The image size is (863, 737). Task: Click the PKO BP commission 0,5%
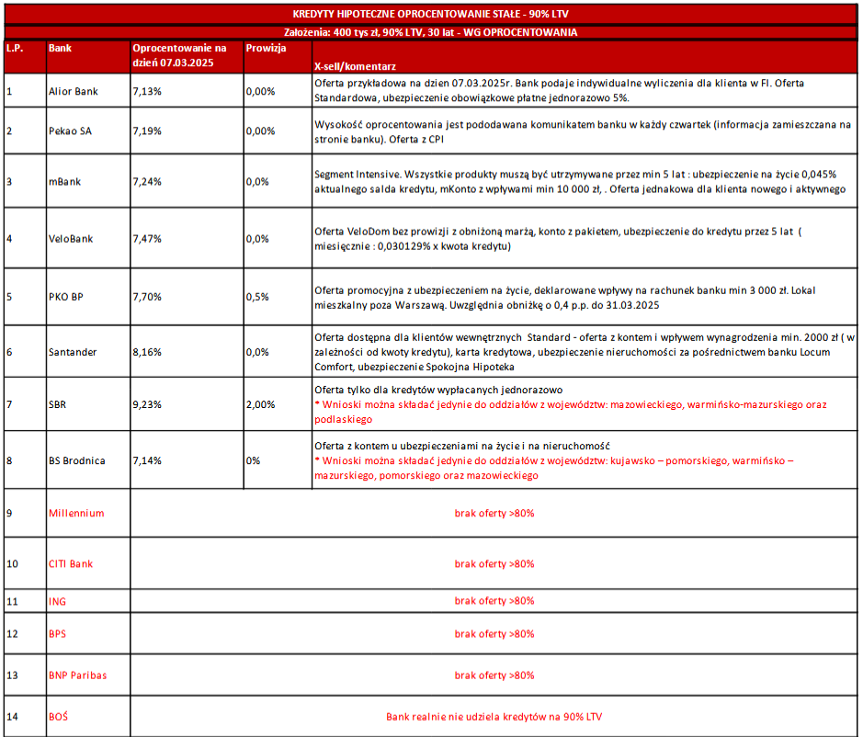click(x=257, y=296)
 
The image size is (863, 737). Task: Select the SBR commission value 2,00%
click(x=261, y=403)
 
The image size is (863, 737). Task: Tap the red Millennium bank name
click(x=76, y=513)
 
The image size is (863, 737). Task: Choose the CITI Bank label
click(x=71, y=563)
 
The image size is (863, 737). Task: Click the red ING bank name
click(x=57, y=601)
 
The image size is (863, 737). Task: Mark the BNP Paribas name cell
click(x=77, y=675)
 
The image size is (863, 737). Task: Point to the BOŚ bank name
click(x=59, y=716)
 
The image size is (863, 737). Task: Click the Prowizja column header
click(x=267, y=48)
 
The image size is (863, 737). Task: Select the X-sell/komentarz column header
click(x=355, y=67)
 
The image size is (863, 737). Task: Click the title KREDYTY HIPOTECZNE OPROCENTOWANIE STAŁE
click(x=431, y=15)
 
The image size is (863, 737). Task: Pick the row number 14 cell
click(x=12, y=716)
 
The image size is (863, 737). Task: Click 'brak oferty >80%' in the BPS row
click(x=494, y=634)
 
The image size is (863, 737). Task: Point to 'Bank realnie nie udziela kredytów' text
click(x=494, y=716)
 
